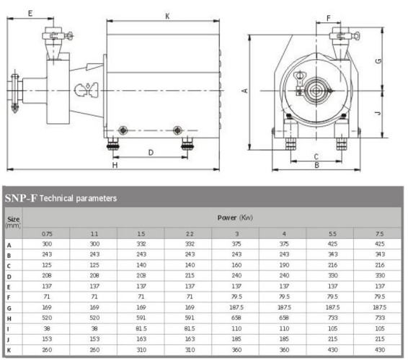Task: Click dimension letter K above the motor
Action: click(x=167, y=15)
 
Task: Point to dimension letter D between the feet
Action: click(x=151, y=152)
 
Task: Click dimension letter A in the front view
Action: click(x=245, y=90)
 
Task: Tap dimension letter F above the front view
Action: click(x=328, y=17)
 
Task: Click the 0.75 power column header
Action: click(x=47, y=234)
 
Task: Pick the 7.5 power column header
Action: click(x=378, y=234)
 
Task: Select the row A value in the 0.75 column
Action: click(x=47, y=245)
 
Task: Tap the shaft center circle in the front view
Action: click(x=314, y=90)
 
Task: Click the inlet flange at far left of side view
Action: click(x=12, y=91)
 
